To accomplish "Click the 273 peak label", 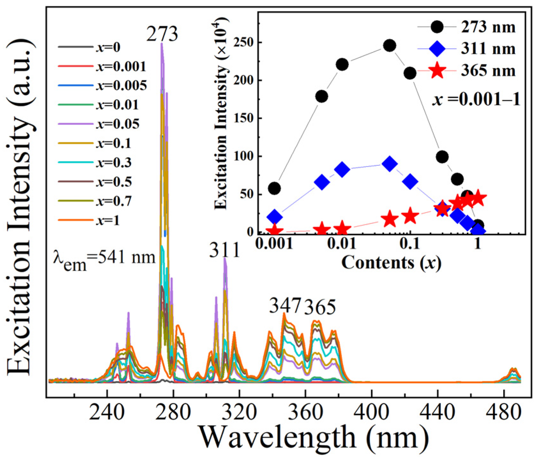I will (x=162, y=34).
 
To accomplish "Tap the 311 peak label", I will (x=224, y=251).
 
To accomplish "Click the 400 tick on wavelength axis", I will (x=372, y=412).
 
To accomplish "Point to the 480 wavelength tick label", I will (x=504, y=412).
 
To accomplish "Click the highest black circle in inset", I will (x=389, y=46).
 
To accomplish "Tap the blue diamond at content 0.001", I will (x=275, y=217).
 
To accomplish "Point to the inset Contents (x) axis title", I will (x=391, y=263).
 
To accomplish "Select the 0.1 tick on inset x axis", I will (x=409, y=244).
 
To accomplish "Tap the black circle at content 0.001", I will (x=274, y=188).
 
